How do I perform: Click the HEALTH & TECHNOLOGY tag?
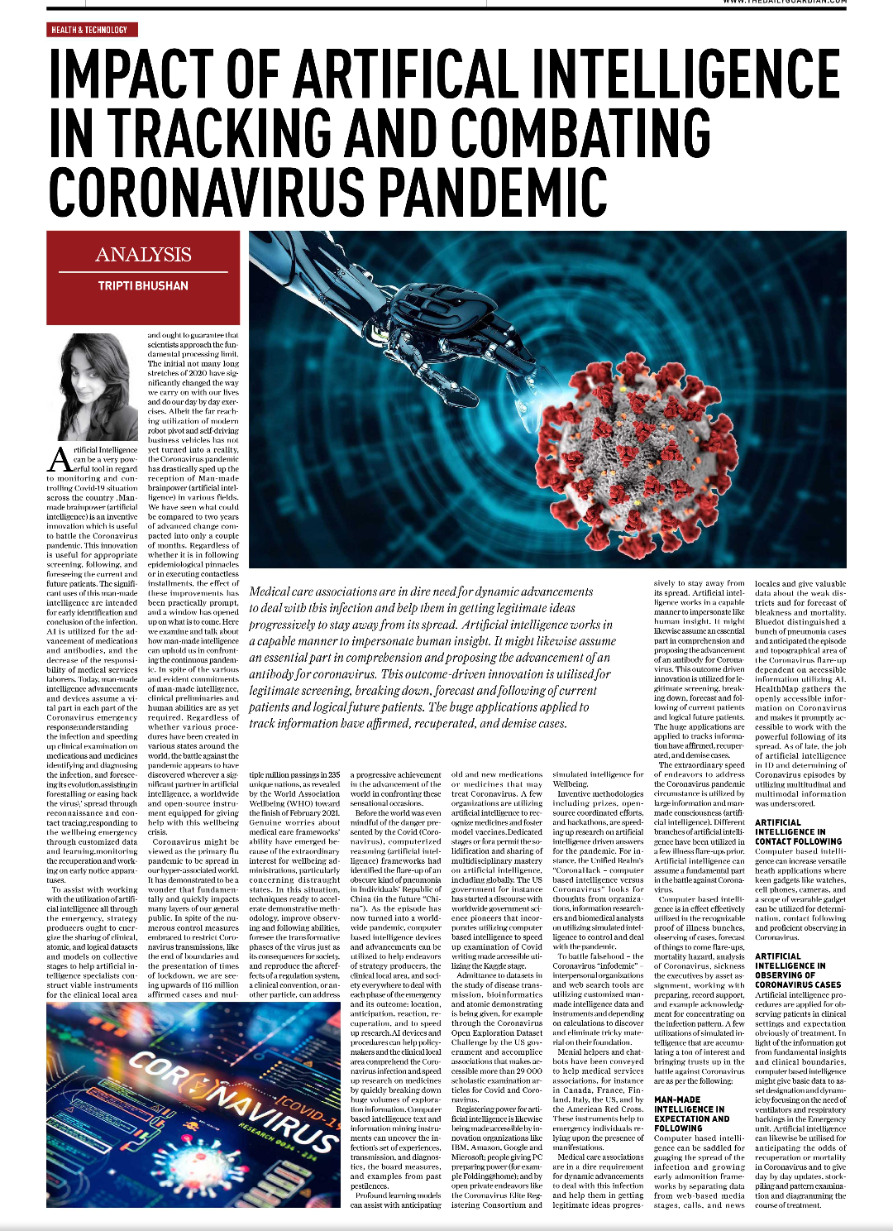tap(89, 30)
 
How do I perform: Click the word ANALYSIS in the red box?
tap(143, 255)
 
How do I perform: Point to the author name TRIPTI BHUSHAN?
tap(143, 285)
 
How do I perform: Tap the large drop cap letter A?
tap(60, 459)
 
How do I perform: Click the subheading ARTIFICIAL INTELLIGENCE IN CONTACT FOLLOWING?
tap(798, 831)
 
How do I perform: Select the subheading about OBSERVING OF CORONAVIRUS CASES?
tap(798, 970)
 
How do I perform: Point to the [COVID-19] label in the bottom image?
tap(306, 1109)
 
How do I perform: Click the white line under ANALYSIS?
tap(143, 271)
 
